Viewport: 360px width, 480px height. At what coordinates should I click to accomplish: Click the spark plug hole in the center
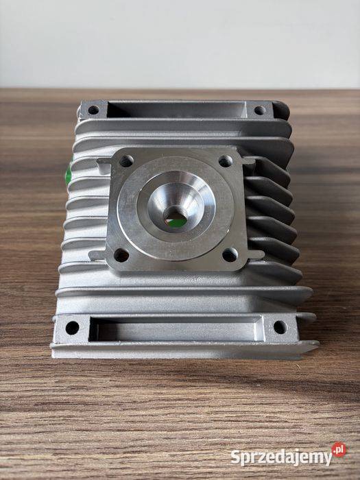[x=176, y=218]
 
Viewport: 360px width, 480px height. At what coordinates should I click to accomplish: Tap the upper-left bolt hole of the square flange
[x=126, y=161]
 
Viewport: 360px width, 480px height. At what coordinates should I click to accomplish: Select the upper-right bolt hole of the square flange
[x=226, y=161]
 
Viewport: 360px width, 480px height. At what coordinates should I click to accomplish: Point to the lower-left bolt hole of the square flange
[x=121, y=255]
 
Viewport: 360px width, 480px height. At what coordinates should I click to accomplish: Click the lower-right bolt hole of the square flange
[x=230, y=254]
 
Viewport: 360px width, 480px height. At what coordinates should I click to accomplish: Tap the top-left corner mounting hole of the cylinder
[x=93, y=110]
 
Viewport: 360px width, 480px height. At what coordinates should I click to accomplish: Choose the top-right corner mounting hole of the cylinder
[x=260, y=110]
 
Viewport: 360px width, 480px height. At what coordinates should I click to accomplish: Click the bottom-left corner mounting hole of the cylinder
[x=72, y=328]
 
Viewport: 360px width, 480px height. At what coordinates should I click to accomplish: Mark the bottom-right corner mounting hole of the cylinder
[x=280, y=327]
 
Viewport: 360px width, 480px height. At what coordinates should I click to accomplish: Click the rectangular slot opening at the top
[x=177, y=110]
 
